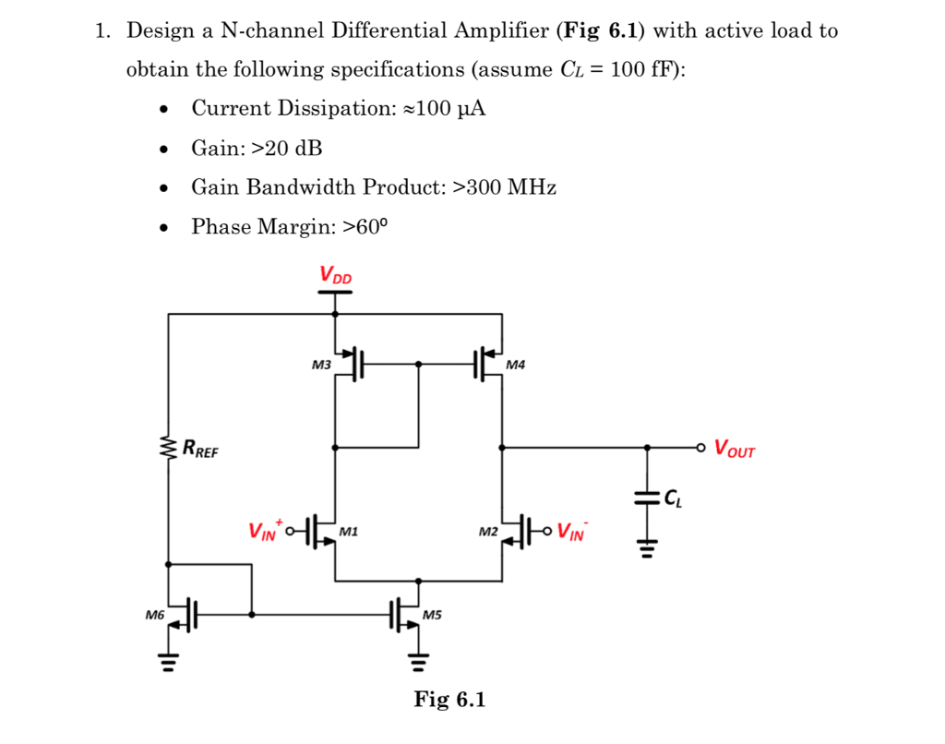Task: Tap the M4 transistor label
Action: (516, 366)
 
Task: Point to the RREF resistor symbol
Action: (169, 450)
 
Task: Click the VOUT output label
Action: (735, 450)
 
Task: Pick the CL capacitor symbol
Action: (647, 498)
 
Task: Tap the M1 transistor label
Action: (349, 532)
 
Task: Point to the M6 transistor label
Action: (154, 614)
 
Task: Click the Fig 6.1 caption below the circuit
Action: (449, 700)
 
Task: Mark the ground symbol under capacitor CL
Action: (647, 551)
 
